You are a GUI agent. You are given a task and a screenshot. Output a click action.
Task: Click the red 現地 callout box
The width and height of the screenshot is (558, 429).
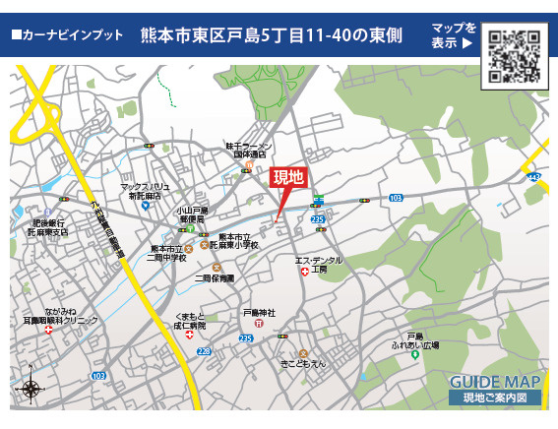coord(288,178)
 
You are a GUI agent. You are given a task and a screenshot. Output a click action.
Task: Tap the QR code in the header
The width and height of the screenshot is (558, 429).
coord(514,58)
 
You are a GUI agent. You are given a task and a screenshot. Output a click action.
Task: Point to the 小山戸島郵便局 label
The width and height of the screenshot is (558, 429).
coord(192,216)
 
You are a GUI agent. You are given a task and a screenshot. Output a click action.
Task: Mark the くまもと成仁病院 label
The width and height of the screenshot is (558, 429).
coord(191,319)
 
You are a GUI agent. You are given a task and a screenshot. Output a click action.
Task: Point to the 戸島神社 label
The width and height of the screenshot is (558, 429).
coord(259,313)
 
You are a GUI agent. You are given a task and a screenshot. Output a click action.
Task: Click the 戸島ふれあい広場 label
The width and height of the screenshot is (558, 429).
coord(414,341)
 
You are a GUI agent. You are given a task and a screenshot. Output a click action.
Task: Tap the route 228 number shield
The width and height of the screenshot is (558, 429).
coord(204,349)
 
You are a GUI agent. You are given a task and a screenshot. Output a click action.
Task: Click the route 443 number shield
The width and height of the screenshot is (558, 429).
coord(532,177)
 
